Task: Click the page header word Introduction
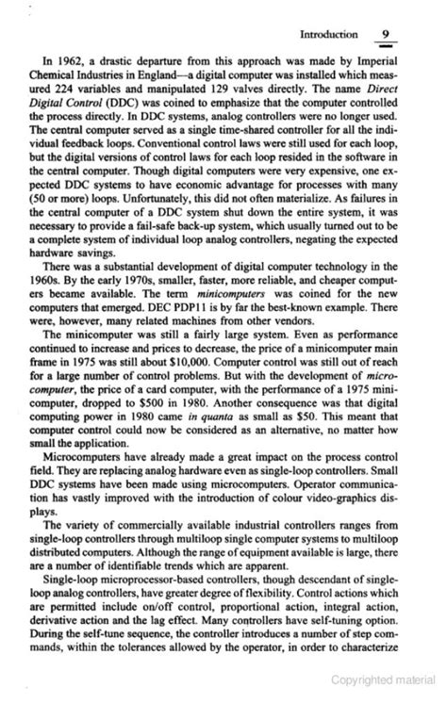pyautogui.click(x=328, y=35)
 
